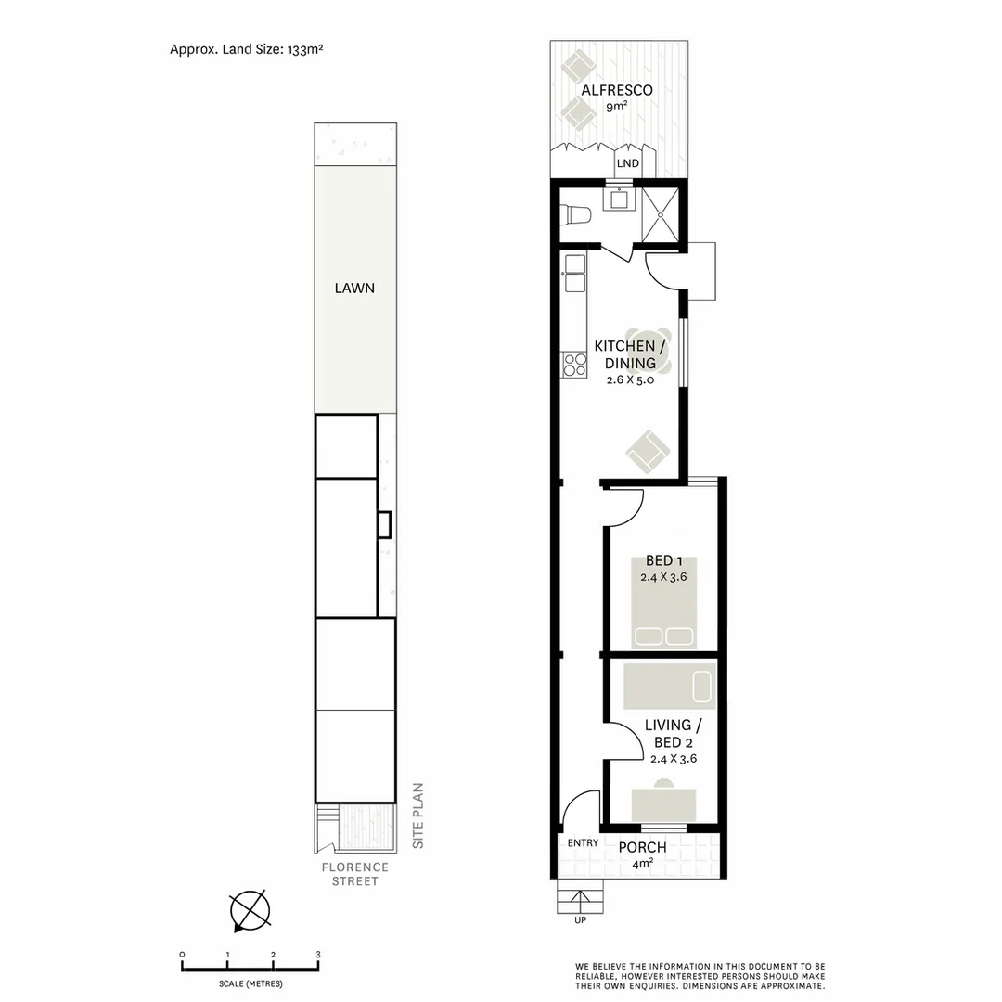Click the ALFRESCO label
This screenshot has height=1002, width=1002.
617,90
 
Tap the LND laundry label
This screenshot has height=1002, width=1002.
628,163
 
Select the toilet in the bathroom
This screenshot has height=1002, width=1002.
576,215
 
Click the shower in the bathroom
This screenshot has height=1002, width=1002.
662,212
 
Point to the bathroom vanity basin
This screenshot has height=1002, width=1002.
618,198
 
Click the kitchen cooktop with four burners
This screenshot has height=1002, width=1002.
574,366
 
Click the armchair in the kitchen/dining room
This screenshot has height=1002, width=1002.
648,452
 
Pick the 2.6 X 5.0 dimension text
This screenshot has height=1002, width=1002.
631,379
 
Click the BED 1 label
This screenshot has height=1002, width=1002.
663,560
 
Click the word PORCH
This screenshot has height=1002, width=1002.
642,847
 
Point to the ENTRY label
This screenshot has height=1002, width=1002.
583,843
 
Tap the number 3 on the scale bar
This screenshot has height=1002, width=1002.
318,955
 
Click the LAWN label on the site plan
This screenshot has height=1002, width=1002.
354,288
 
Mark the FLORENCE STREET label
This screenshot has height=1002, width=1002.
355,874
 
